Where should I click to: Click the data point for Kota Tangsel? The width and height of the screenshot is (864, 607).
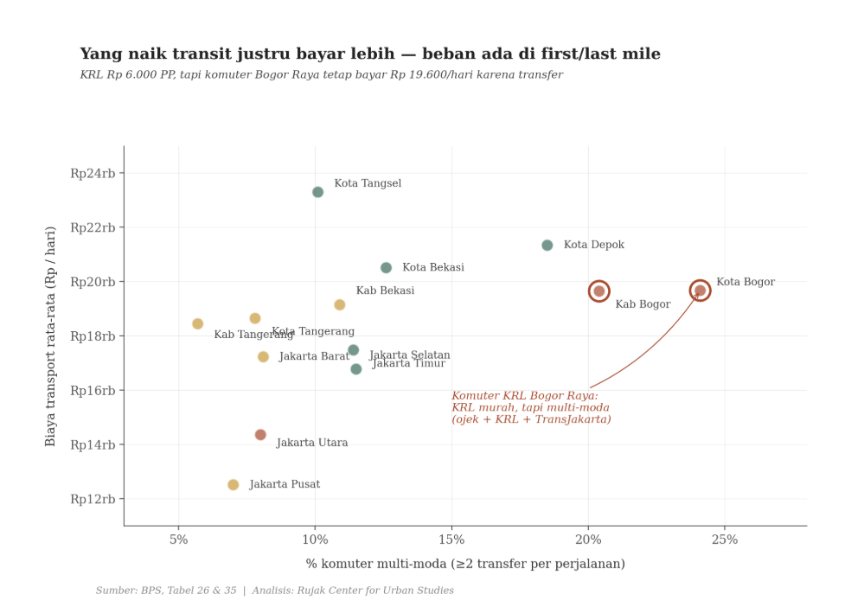point(317,192)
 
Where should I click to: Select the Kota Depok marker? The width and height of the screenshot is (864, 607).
point(547,246)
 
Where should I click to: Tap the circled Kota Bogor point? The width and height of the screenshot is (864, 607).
point(700,291)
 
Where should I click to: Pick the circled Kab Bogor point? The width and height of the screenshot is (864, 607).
point(598,291)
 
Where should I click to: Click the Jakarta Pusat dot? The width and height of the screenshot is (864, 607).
point(233,485)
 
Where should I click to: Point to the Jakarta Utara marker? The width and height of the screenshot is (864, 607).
point(260,435)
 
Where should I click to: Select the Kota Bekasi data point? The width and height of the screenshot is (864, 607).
point(386,268)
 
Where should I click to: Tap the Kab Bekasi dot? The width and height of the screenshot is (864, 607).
point(339,304)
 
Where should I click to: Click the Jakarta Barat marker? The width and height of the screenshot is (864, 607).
point(263,357)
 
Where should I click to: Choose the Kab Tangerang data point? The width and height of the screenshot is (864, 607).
point(197,324)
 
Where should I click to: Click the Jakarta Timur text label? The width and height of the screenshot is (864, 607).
point(409,364)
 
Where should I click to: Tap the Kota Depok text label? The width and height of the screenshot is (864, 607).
point(593,246)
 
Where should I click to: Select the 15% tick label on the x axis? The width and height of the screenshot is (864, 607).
point(451,540)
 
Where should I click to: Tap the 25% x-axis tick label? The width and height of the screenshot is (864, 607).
point(724,540)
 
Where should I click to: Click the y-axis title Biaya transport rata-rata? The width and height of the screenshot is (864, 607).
point(51,335)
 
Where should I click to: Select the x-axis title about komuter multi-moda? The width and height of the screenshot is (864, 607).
point(465,564)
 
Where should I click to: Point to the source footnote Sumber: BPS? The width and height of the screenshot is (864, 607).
point(274,591)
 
